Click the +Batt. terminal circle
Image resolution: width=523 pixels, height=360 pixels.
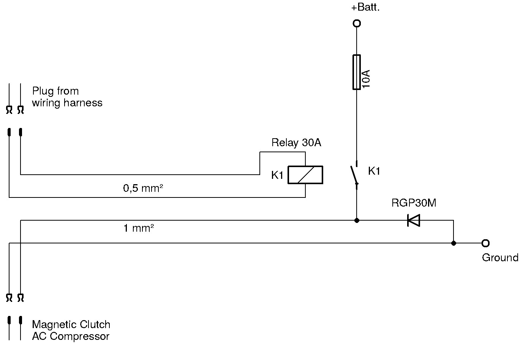(357, 24)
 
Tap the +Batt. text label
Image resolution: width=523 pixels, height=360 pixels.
(365, 8)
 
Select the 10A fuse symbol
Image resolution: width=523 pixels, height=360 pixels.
(357, 72)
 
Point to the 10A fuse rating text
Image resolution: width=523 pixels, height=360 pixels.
(366, 79)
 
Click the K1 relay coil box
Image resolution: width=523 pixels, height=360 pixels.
(305, 175)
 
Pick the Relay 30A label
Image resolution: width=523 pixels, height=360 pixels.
(296, 143)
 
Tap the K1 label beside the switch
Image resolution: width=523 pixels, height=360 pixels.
(374, 171)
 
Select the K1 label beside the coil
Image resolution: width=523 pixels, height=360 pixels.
(277, 175)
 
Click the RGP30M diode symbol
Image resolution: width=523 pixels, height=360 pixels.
(413, 220)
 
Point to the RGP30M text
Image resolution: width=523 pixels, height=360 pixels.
(414, 203)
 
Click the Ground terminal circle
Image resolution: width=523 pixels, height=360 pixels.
(485, 243)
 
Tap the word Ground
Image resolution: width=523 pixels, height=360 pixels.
(500, 258)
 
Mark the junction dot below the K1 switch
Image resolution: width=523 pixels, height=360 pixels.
(357, 220)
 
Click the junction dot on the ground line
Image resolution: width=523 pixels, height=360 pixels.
(453, 243)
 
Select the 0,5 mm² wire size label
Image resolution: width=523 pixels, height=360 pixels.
(143, 188)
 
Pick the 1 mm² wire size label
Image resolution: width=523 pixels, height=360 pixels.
(139, 228)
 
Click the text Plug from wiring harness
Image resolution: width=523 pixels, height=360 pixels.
(67, 97)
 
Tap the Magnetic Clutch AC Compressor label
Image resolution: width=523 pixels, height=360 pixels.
(71, 330)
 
